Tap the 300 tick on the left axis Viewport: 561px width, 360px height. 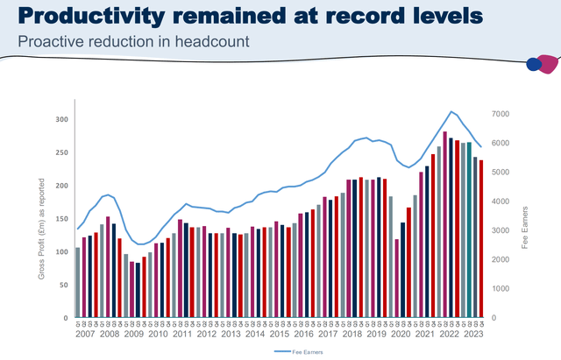pyautogui.click(x=60, y=119)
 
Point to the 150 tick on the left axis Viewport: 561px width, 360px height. pyautogui.click(x=60, y=219)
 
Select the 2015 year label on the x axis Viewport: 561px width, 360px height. pyautogui.click(x=280, y=333)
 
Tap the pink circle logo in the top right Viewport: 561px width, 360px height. pyautogui.click(x=546, y=64)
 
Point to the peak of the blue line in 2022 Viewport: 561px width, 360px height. pyautogui.click(x=451, y=111)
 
